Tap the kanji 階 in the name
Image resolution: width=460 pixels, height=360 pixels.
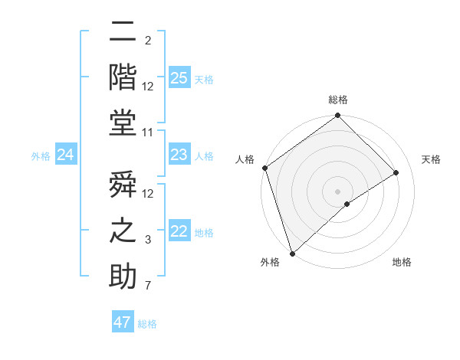pyautogui.click(x=123, y=77)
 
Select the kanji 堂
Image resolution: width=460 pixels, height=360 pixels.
pyautogui.click(x=123, y=123)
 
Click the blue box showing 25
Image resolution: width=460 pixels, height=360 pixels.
pyautogui.click(x=179, y=77)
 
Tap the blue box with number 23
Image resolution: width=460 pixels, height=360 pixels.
pyautogui.click(x=179, y=155)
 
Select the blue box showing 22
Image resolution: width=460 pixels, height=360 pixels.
pyautogui.click(x=179, y=231)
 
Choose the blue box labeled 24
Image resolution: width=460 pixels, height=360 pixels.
pyautogui.click(x=66, y=155)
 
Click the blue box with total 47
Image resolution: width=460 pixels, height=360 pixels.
pyautogui.click(x=123, y=322)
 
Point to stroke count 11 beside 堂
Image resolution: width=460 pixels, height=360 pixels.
pyautogui.click(x=148, y=133)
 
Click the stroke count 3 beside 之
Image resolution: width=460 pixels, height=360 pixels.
pyautogui.click(x=148, y=241)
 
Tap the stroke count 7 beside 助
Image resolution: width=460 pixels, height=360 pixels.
pyautogui.click(x=148, y=286)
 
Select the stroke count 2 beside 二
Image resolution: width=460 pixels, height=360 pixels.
pyautogui.click(x=148, y=41)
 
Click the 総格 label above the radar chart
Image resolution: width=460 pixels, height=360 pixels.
pyautogui.click(x=337, y=100)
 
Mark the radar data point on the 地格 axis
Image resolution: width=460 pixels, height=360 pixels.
pyautogui.click(x=347, y=203)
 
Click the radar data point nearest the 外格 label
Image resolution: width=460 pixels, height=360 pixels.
pyautogui.click(x=291, y=253)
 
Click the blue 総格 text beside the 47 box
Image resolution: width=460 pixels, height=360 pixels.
pyautogui.click(x=147, y=324)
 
